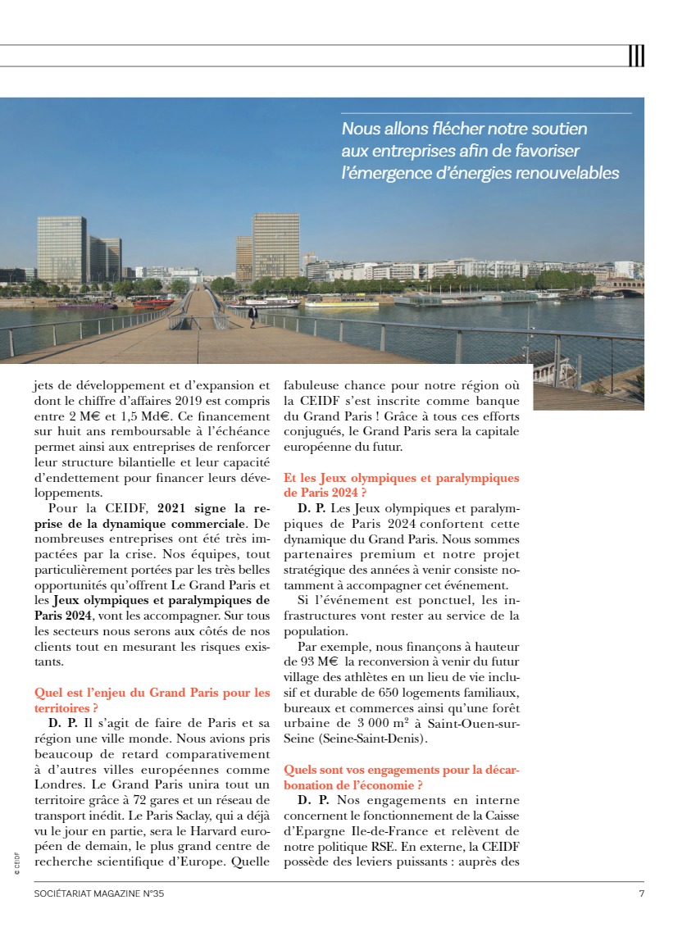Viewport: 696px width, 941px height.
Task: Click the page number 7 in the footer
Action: [641, 893]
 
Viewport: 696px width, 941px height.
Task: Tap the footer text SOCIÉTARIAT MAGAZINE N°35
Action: [99, 893]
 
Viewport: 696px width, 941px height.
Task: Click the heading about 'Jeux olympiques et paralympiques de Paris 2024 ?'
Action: [401, 484]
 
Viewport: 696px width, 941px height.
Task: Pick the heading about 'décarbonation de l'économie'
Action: [401, 778]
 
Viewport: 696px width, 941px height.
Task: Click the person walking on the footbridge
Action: [252, 315]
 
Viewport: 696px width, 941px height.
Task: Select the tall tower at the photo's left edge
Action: [61, 250]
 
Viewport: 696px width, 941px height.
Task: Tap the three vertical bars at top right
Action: [636, 56]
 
